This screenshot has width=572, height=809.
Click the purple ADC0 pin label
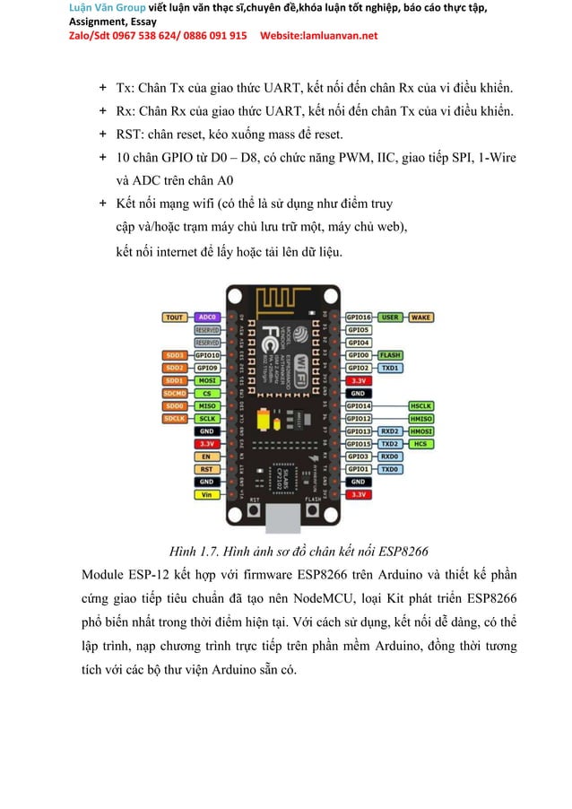tap(207, 317)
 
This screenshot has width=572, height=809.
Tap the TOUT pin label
tap(174, 317)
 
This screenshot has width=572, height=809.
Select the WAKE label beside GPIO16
tap(420, 317)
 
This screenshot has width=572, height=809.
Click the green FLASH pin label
tap(390, 354)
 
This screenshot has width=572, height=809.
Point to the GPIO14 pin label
tap(359, 405)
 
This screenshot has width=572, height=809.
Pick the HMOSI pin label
tap(420, 431)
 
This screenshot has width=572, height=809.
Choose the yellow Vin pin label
tap(207, 494)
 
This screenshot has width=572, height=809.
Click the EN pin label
tap(207, 456)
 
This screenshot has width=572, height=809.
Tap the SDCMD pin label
tap(174, 393)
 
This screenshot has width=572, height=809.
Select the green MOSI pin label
tap(207, 380)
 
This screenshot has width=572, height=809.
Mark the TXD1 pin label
tap(390, 368)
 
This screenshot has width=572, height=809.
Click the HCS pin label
tap(420, 443)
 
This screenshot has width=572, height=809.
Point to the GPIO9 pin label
tap(207, 368)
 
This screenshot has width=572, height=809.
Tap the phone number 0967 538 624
tap(124, 36)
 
